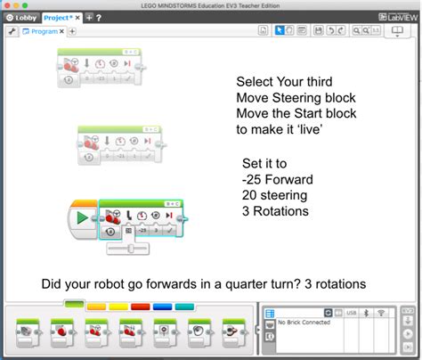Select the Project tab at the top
pyautogui.click(x=60, y=17)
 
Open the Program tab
pyautogui.click(x=40, y=31)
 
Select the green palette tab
pyautogui.click(x=74, y=304)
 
